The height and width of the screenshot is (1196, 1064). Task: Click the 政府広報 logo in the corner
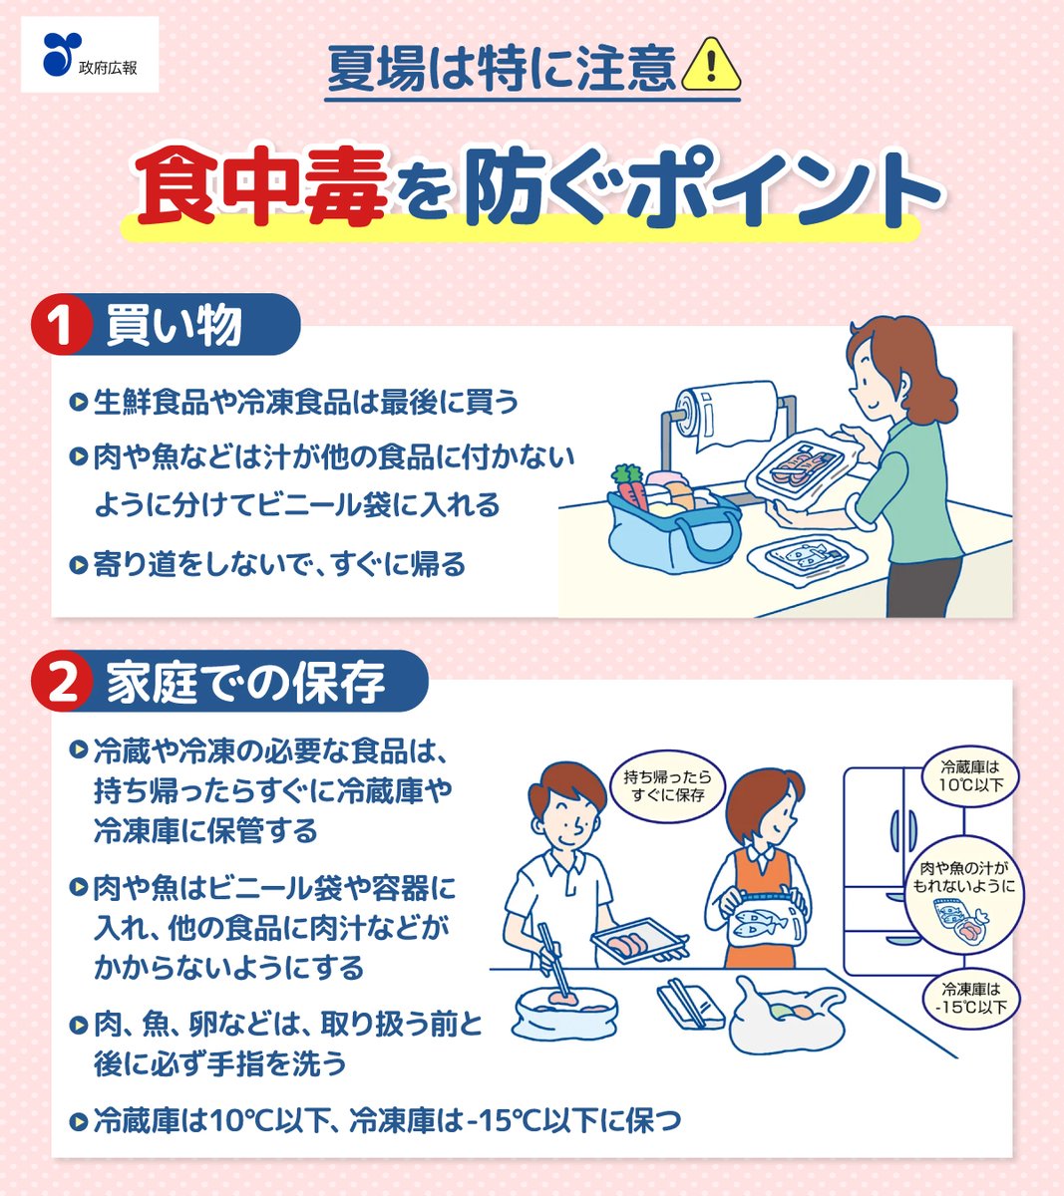point(89,56)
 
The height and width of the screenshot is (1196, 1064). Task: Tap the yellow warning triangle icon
point(711,66)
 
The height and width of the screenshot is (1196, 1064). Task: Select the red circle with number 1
point(61,327)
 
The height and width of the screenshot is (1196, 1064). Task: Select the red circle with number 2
point(62,684)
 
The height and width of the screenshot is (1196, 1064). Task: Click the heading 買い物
point(174,326)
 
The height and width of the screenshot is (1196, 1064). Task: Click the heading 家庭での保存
point(245,683)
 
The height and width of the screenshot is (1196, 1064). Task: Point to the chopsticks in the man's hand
point(550,957)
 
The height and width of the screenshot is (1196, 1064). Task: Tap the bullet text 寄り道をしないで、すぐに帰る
point(278,565)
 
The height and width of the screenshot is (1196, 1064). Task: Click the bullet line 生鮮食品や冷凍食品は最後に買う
point(305,403)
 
